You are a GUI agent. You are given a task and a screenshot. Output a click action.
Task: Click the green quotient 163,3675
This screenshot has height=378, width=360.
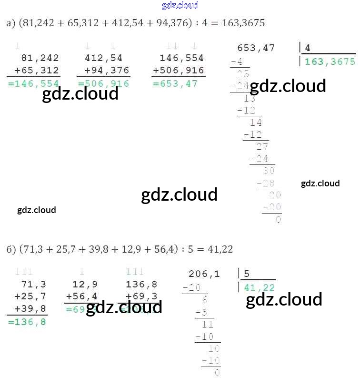(x=330, y=61)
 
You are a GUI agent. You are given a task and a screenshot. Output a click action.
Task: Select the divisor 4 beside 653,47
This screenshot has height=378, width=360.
(x=308, y=48)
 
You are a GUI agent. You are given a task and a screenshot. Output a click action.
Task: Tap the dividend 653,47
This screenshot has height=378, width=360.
(x=256, y=48)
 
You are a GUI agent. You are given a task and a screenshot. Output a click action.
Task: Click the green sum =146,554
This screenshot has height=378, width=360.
(x=34, y=83)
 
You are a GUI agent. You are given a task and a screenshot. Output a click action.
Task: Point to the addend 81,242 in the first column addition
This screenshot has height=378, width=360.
(x=40, y=58)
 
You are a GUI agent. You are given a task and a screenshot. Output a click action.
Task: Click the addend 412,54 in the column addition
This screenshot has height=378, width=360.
(x=103, y=58)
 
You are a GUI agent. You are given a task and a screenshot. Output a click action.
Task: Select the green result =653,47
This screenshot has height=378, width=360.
(x=175, y=83)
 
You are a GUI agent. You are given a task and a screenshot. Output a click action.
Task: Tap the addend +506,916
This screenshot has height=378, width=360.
(x=178, y=71)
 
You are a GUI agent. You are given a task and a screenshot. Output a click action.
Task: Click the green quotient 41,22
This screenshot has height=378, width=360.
(x=259, y=287)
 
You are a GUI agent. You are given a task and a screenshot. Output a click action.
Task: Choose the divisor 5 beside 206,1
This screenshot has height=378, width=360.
(x=247, y=274)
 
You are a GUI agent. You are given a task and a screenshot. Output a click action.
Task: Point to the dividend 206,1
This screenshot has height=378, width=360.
(x=204, y=274)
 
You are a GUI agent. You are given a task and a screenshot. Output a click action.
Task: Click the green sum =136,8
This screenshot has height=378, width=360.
(x=27, y=322)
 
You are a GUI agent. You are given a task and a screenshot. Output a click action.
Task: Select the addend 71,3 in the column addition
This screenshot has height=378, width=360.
(x=34, y=285)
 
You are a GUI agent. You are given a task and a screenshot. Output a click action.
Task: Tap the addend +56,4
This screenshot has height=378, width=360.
(x=81, y=296)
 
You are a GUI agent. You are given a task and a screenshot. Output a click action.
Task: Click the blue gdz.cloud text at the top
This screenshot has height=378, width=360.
(x=180, y=6)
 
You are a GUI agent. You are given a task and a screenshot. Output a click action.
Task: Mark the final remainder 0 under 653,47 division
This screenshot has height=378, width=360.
(x=278, y=220)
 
